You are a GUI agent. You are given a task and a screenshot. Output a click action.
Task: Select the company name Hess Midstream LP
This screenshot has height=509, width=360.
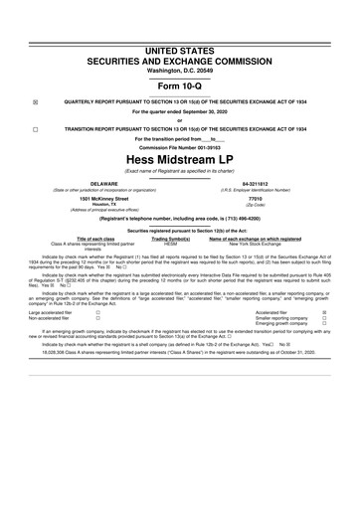[x=180, y=159]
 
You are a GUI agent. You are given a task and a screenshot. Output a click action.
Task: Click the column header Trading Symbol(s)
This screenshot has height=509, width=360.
[x=170, y=240]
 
